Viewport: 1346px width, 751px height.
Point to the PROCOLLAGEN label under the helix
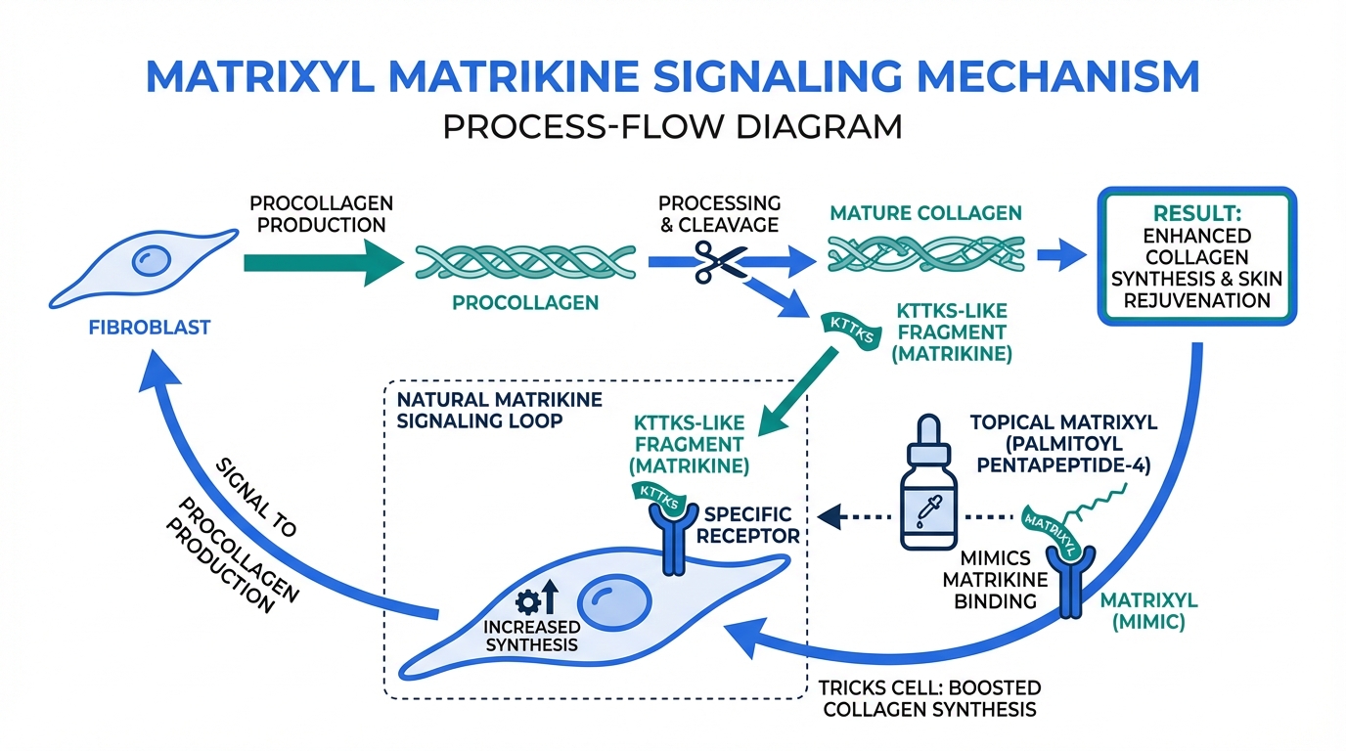[524, 303]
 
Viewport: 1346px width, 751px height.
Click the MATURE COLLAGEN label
[925, 212]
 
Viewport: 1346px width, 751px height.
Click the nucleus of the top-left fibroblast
[153, 260]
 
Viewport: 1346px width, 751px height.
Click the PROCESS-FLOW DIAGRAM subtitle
[672, 127]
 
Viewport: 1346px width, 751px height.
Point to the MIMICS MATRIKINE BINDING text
[996, 580]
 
